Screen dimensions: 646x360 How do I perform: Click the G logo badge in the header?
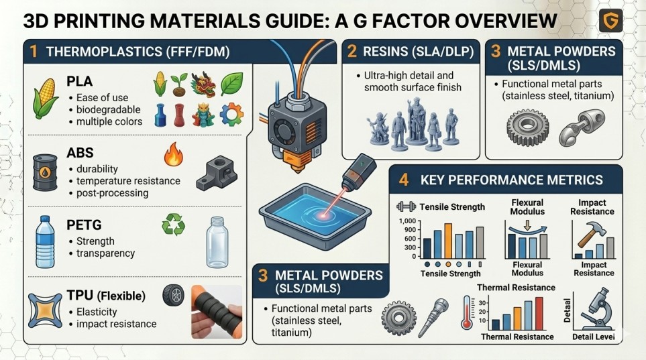[610, 20]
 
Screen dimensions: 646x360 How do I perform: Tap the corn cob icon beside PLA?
[46, 99]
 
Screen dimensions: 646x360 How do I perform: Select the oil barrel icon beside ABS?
[45, 172]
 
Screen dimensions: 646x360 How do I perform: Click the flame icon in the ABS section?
[174, 154]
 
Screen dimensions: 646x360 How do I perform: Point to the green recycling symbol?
[174, 224]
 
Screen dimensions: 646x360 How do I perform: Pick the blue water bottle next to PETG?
[45, 242]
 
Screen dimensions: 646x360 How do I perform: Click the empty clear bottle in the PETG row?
[217, 243]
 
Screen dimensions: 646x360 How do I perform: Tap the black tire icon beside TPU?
[174, 295]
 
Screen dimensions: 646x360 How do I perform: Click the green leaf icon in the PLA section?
[231, 84]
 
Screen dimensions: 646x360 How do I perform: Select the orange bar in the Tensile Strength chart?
[448, 241]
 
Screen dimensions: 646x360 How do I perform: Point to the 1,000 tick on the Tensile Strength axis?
[407, 221]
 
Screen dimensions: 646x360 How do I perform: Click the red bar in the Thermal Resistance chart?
[539, 314]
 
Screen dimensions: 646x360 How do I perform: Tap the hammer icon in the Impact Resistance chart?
[592, 233]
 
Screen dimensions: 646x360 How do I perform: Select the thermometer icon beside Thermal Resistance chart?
[466, 312]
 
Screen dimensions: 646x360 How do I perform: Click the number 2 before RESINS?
[352, 52]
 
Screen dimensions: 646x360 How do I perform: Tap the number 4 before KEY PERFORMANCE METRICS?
[403, 180]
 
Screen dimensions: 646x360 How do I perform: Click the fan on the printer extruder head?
[283, 131]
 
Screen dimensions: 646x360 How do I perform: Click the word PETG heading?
[84, 225]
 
